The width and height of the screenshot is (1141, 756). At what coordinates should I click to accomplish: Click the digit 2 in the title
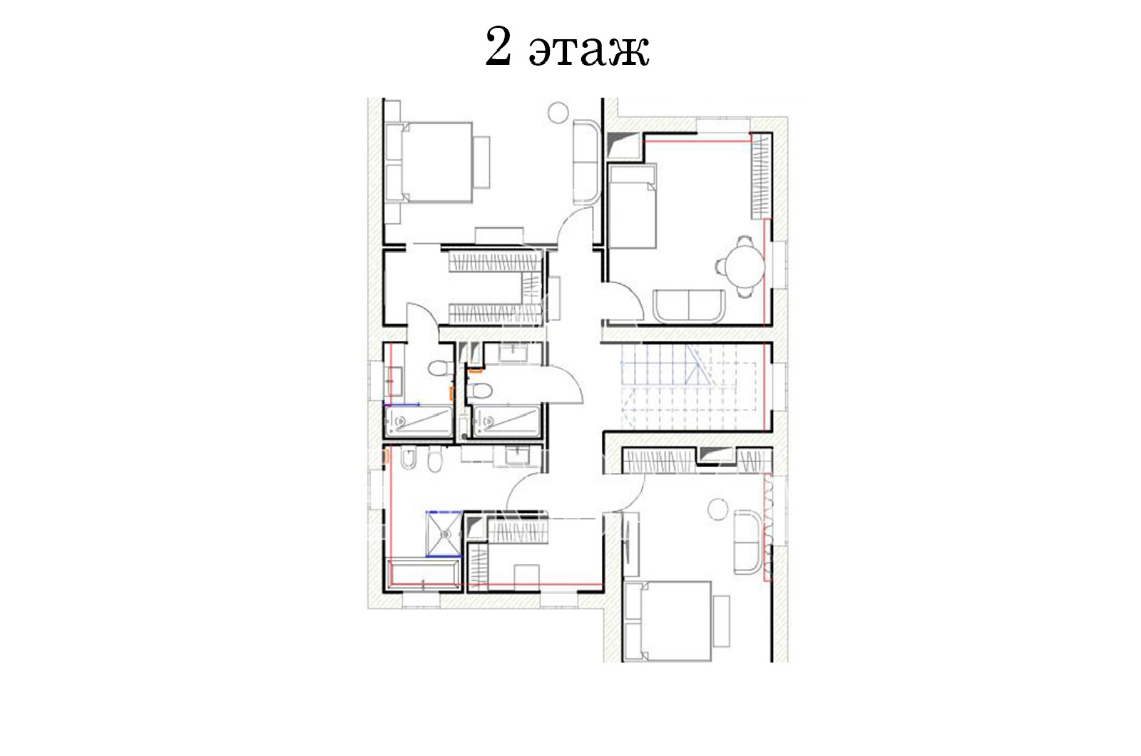pos(498,47)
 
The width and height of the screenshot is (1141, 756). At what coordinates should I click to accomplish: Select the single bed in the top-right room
pos(633,206)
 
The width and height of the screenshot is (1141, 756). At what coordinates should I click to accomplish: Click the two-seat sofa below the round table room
pos(689,306)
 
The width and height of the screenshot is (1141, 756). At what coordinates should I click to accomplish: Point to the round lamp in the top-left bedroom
pos(558,112)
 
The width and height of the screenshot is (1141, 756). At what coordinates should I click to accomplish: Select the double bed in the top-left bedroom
pos(429,163)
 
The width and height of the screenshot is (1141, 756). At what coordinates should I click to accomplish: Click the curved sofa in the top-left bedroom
pos(587,162)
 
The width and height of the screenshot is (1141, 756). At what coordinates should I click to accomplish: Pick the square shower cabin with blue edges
pos(444,533)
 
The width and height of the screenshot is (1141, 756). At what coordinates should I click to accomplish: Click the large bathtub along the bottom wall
pos(424,575)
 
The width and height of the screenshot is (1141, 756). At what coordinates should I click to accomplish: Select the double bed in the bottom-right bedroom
pos(667,621)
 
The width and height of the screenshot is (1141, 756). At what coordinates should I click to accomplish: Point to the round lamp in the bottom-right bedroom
pos(719,509)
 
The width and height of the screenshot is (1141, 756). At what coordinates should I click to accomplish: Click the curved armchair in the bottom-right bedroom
pos(748,542)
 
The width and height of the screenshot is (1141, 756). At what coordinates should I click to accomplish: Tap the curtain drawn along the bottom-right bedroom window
pos(767,527)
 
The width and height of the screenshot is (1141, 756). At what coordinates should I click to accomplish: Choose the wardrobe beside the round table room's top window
pos(760,176)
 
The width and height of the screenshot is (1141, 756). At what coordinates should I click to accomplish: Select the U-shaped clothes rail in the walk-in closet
pos(494,289)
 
